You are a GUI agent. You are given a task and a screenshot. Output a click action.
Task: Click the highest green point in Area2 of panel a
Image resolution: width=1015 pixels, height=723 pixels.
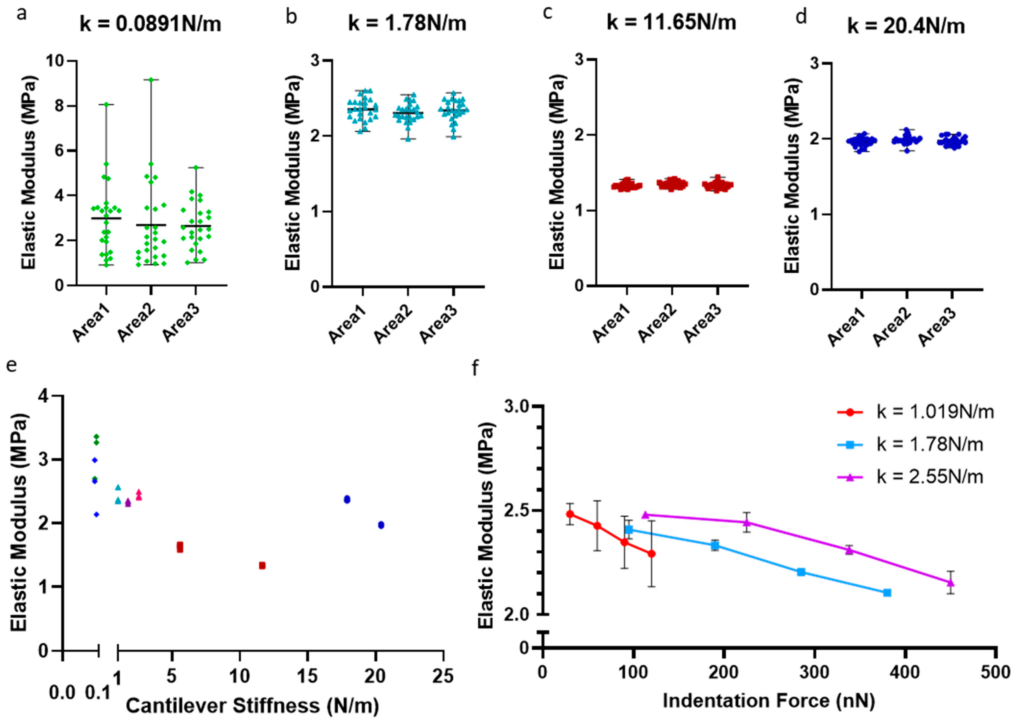[151, 80]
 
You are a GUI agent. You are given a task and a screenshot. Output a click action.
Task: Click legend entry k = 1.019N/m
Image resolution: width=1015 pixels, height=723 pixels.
[935, 412]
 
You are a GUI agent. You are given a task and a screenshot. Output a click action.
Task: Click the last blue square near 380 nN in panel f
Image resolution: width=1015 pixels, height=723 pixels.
[887, 592]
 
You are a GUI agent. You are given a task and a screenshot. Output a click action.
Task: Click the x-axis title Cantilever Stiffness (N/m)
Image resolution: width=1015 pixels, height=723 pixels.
[252, 705]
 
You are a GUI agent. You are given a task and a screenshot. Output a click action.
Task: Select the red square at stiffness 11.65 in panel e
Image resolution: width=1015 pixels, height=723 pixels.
[262, 565]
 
